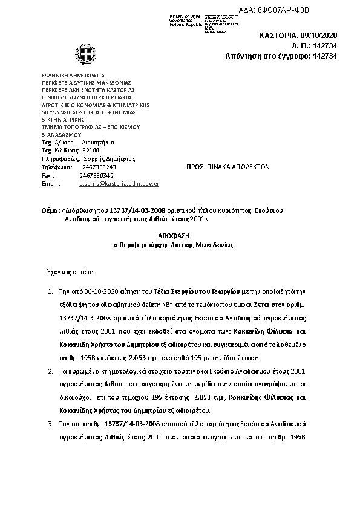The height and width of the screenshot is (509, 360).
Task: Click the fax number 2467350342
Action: coord(97,175)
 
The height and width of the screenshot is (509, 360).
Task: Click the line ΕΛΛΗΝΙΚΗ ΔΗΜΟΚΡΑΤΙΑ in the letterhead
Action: coord(70,76)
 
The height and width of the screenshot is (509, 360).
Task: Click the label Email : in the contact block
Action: coord(51,183)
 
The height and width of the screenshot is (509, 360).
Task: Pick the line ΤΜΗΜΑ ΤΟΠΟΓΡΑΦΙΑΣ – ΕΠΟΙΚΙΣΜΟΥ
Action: coord(90,127)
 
